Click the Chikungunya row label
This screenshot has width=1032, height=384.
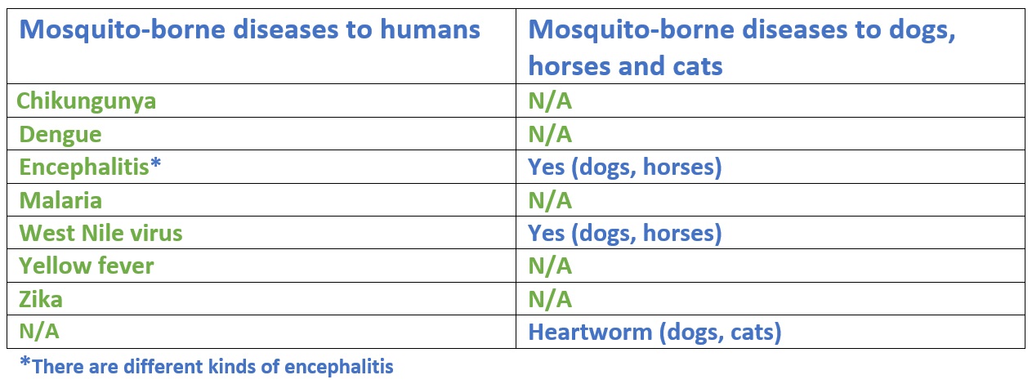[x=86, y=101]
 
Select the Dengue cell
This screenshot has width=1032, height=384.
[x=60, y=135]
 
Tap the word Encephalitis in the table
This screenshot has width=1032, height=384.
[x=84, y=167]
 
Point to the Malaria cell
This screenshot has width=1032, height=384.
[x=60, y=201]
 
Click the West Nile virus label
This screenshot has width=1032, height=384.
[x=101, y=233]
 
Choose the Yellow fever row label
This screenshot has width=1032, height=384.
[x=86, y=266]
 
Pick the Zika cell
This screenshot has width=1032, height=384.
[x=41, y=299]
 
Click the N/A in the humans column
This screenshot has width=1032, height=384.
[x=39, y=332]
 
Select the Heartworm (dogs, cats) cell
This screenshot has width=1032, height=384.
[x=654, y=333]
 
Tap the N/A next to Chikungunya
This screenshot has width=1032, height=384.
[x=550, y=101]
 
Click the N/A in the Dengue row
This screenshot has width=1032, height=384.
[x=550, y=135]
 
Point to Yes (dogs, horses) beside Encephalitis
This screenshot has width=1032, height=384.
[x=625, y=167]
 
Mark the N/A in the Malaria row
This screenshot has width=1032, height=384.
[x=550, y=201]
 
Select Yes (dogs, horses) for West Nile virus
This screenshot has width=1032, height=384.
[x=625, y=234]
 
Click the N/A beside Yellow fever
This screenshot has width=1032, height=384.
[x=550, y=266]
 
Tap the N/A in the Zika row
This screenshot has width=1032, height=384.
[x=550, y=299]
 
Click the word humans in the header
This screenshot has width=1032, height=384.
[x=430, y=29]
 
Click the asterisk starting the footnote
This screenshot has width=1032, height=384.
[x=25, y=362]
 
